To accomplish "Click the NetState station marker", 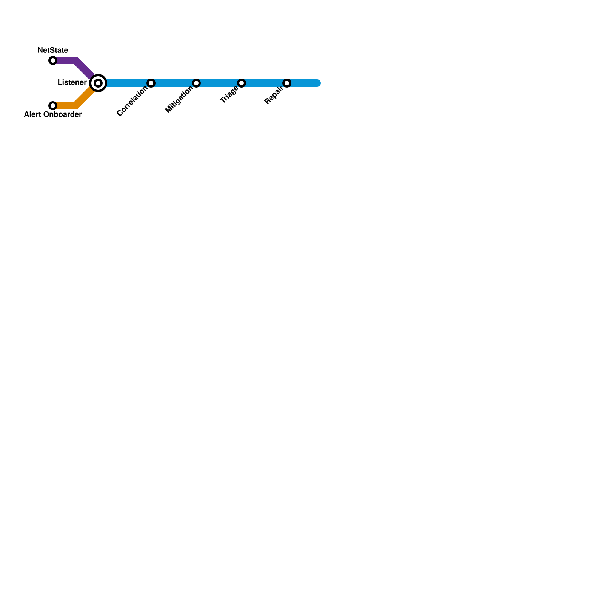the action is (53, 60).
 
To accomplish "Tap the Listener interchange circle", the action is (98, 83).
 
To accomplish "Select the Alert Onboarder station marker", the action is (53, 106).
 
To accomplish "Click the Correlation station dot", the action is (151, 83).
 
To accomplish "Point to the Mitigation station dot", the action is (196, 83).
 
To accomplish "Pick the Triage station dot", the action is (242, 83).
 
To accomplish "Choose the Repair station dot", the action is (287, 83).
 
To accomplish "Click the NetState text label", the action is (53, 50).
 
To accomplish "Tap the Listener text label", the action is (72, 83).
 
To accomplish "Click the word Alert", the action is (32, 115).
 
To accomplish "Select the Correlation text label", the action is (132, 101).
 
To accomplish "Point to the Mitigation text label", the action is (179, 100).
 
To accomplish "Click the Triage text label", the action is (229, 95).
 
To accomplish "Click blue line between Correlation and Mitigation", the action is (174, 83).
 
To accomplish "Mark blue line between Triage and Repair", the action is (264, 83).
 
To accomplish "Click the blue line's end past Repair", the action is (317, 83).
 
